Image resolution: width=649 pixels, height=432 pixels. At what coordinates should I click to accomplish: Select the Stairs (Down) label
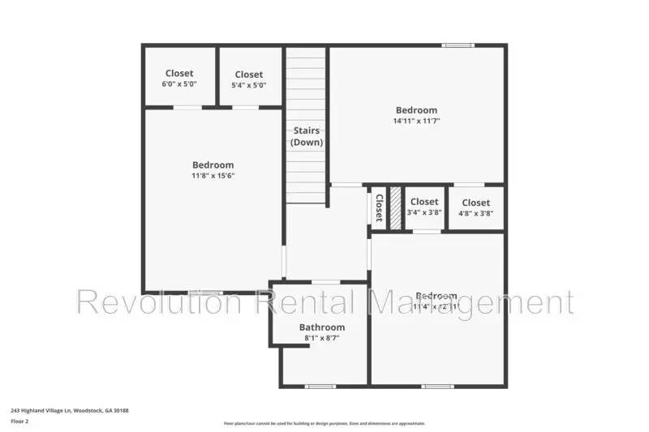tap(307, 136)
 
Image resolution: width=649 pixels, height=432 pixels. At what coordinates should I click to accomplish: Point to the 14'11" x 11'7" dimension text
tap(416, 121)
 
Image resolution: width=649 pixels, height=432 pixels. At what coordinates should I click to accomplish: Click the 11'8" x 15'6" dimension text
tap(213, 175)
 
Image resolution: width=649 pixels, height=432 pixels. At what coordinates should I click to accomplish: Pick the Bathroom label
tap(321, 327)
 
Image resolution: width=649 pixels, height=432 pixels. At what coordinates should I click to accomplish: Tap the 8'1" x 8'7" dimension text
tap(321, 338)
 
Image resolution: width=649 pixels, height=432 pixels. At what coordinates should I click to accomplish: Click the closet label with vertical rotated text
tap(378, 208)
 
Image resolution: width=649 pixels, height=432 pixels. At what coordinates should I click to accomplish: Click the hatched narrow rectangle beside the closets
tap(396, 208)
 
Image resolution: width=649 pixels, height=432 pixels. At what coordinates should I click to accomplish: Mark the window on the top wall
tap(458, 45)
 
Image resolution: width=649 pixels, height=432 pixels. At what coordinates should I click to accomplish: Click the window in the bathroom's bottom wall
tap(320, 386)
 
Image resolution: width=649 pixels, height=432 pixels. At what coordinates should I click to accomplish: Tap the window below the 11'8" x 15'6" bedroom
tap(206, 292)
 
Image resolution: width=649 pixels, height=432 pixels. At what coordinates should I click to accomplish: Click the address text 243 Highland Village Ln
tap(70, 411)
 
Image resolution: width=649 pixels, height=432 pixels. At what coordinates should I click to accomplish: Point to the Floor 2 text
tap(19, 421)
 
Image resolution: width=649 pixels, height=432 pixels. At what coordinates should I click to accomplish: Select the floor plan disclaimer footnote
tap(324, 423)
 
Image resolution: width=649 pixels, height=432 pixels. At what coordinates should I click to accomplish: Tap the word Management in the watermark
tap(471, 302)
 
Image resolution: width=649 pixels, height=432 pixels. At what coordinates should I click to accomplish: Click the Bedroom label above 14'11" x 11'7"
tap(416, 110)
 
